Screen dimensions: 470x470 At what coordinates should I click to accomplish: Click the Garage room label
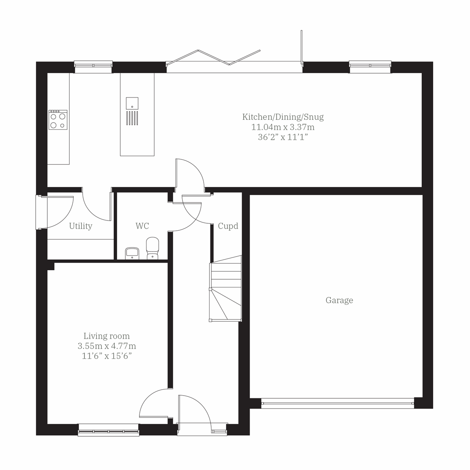[339, 300]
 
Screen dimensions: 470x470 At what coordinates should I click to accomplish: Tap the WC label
[142, 226]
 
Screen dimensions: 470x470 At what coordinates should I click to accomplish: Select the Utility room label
[81, 226]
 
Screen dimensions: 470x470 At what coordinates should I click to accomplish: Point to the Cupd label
[228, 226]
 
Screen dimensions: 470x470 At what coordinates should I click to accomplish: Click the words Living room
[107, 336]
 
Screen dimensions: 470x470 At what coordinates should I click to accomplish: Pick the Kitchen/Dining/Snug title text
[283, 117]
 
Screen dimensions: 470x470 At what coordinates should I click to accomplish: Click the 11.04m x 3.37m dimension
[283, 127]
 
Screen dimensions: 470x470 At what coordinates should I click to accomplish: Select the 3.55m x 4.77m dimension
[107, 346]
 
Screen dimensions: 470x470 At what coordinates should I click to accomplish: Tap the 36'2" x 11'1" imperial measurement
[283, 137]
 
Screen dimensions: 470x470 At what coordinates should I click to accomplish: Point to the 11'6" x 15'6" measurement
[107, 356]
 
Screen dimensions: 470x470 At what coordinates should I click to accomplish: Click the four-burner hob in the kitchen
[58, 119]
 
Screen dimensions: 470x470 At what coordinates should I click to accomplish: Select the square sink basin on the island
[132, 103]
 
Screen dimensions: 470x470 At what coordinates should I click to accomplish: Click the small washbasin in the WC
[131, 253]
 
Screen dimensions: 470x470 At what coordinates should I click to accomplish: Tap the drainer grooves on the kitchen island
[132, 118]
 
